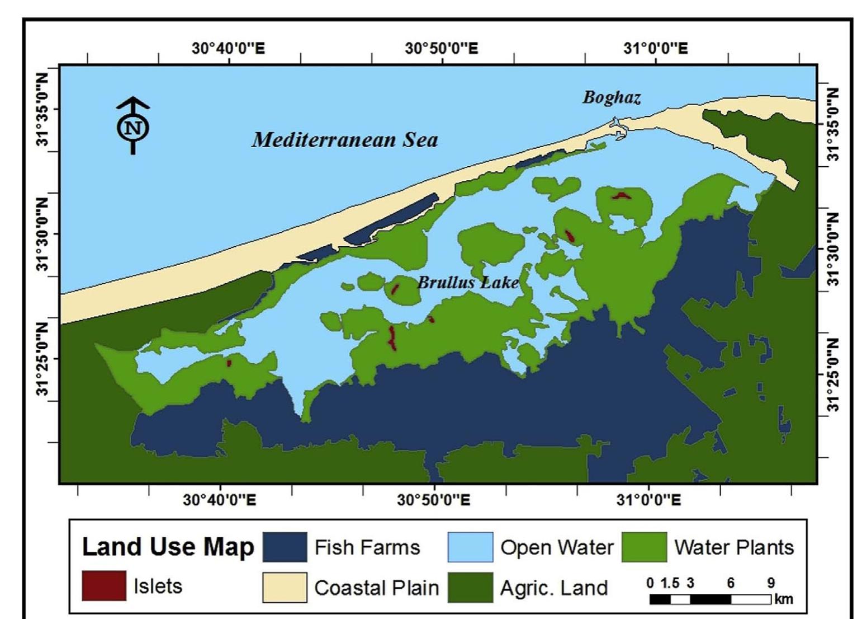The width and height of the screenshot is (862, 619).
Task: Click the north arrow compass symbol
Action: (133, 126)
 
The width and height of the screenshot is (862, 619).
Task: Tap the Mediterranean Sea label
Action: (344, 139)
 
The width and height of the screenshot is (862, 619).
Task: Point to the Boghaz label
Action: (612, 97)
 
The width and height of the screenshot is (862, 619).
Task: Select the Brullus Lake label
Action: (468, 283)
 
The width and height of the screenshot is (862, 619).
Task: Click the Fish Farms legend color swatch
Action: (285, 547)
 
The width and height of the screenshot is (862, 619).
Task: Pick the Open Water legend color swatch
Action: (470, 547)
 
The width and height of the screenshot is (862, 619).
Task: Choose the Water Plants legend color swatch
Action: (644, 547)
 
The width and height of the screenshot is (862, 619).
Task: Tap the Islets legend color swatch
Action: (104, 586)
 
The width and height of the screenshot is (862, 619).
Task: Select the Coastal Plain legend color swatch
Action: (285, 587)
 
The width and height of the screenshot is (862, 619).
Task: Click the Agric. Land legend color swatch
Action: (470, 587)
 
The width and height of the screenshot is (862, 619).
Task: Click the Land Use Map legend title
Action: (168, 547)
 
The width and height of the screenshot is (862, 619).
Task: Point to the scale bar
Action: (710, 599)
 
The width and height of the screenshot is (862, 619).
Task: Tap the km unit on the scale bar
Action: (784, 599)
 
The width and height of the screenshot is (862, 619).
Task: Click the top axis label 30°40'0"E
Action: (228, 48)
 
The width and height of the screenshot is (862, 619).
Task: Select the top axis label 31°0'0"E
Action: (656, 48)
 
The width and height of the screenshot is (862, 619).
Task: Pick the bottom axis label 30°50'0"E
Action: (434, 499)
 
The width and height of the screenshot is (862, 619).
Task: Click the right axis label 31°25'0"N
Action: (833, 374)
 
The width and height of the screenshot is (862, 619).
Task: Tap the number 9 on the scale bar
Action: (771, 583)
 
